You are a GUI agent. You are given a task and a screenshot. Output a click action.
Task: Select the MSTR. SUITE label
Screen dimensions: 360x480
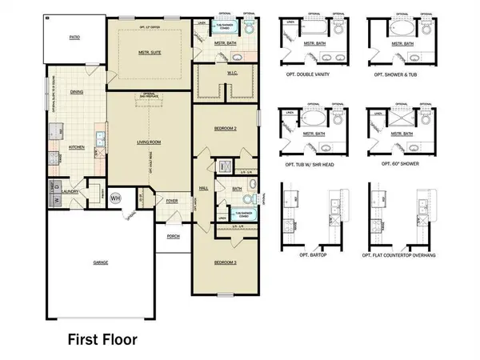150,53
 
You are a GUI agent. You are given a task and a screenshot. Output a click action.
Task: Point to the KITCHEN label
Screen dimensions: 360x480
77,147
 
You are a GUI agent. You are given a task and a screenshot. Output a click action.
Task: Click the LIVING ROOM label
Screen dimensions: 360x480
149,142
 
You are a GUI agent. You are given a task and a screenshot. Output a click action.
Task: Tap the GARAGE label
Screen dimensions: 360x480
100,262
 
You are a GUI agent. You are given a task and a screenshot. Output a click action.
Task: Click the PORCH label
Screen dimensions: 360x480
172,236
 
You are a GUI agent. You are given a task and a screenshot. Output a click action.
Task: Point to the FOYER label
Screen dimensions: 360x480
172,201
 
